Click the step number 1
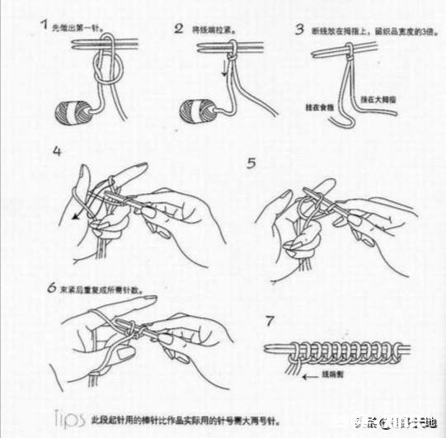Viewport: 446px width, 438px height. click(x=44, y=26)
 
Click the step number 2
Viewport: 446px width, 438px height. click(x=178, y=29)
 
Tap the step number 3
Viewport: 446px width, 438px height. click(x=300, y=30)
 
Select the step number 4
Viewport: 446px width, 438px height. click(x=57, y=151)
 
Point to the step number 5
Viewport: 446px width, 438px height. click(x=252, y=163)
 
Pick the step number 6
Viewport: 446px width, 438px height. click(x=51, y=290)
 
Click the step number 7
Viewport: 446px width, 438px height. click(x=269, y=319)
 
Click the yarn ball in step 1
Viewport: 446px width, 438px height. click(x=73, y=111)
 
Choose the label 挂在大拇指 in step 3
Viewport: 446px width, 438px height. click(x=381, y=101)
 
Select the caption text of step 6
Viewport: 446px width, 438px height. click(x=105, y=290)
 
